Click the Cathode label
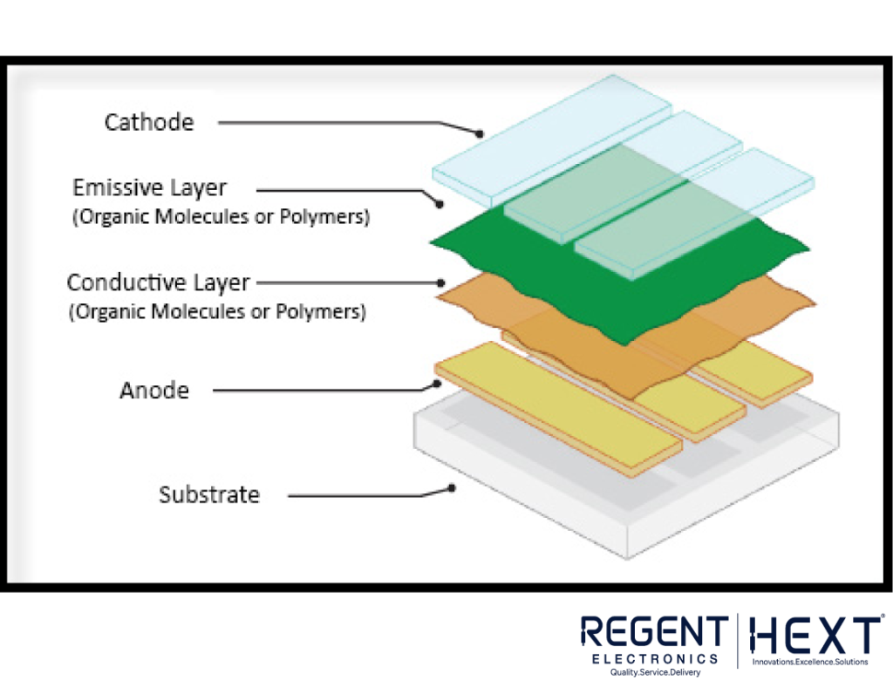click(149, 122)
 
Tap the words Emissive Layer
click(149, 187)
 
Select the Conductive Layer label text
click(159, 283)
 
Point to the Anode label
click(154, 391)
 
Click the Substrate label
click(209, 494)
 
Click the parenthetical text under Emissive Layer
click(221, 217)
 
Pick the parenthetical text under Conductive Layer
click(217, 312)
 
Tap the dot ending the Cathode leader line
click(480, 133)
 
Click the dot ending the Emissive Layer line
click(440, 203)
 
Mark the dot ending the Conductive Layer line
click(440, 283)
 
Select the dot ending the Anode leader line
click(437, 384)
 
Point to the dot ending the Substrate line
click(452, 488)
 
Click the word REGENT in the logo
click(654, 632)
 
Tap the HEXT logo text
click(815, 635)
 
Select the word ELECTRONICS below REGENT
click(655, 659)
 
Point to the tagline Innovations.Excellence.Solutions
click(810, 662)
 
